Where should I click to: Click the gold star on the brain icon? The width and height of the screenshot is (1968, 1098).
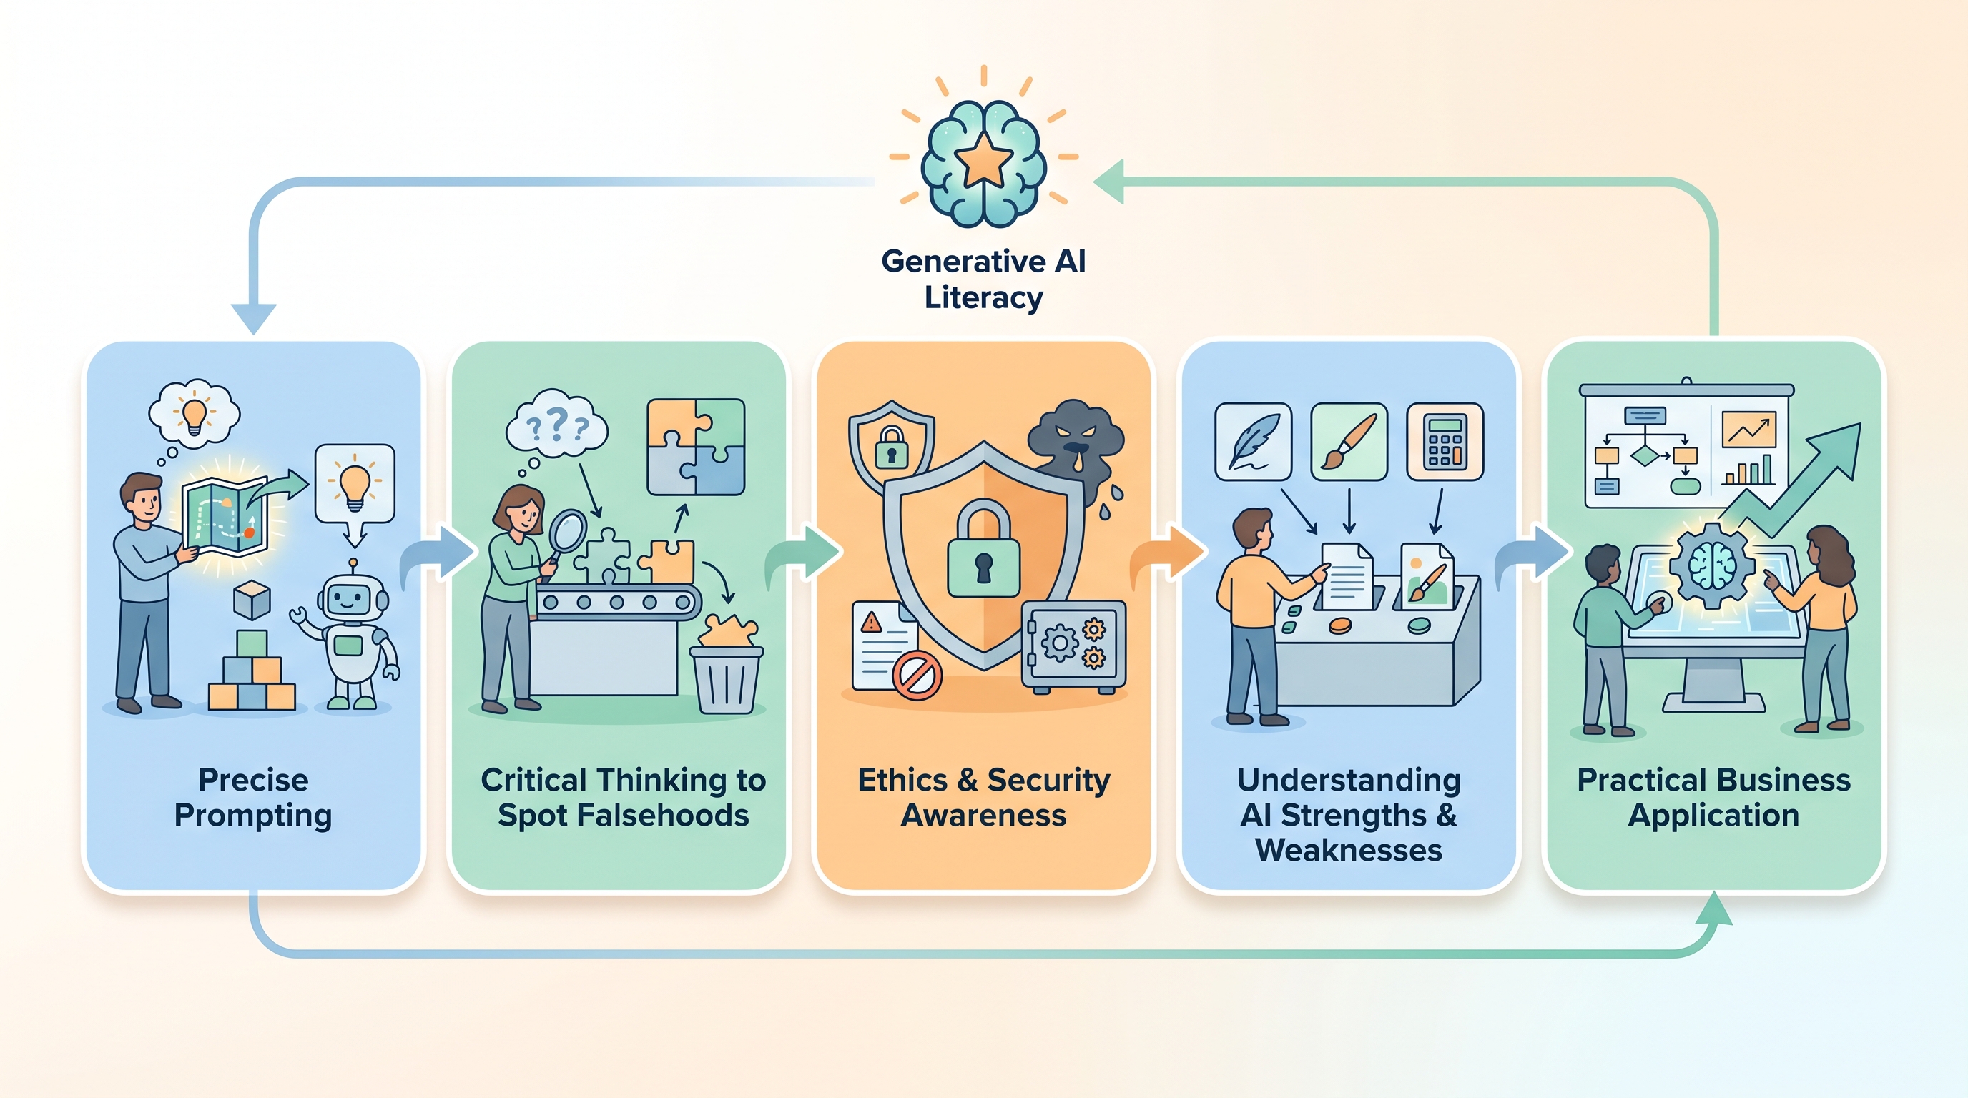pos(984,159)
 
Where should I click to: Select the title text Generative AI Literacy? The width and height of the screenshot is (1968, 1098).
pos(984,279)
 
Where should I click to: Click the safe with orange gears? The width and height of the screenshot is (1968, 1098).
pos(1073,646)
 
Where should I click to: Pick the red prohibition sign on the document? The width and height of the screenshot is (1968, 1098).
pos(917,675)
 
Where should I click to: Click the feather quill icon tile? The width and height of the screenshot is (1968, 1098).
pos(1253,442)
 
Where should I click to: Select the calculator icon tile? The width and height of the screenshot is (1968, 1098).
pos(1445,442)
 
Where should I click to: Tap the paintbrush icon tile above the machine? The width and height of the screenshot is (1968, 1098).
pos(1349,442)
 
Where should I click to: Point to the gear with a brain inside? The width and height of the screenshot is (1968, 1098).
pos(1712,565)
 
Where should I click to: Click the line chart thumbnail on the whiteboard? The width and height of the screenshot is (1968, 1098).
pos(1748,430)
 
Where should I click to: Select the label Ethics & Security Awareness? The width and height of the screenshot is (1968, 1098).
pos(984,797)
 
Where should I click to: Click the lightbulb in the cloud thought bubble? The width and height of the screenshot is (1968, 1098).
pos(194,415)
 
